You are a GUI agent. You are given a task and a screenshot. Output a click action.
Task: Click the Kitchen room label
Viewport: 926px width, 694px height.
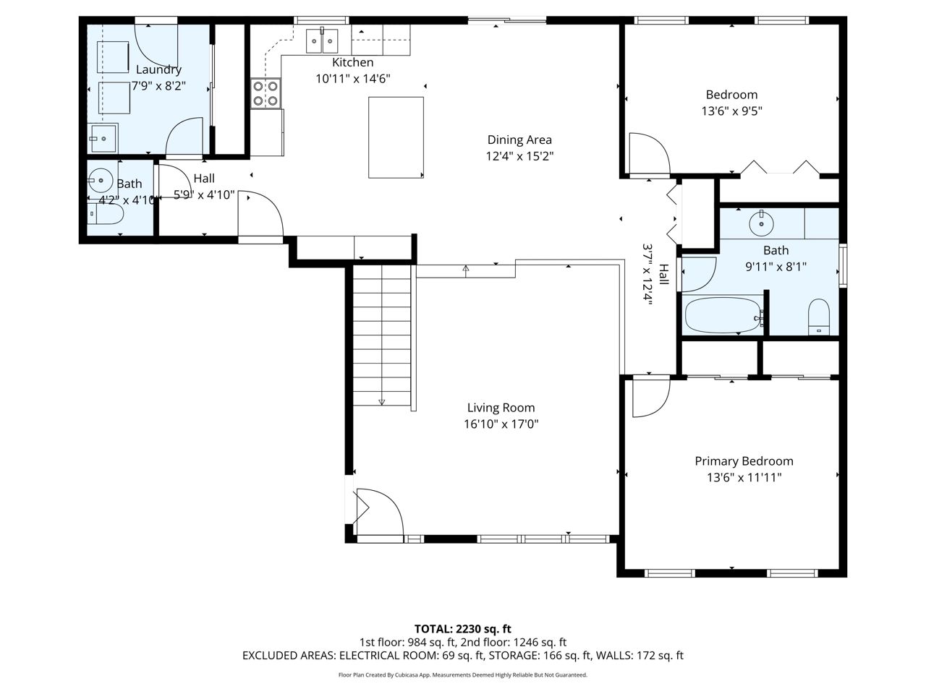(x=352, y=62)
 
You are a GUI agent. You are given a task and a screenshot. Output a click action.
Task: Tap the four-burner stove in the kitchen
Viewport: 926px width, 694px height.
(x=266, y=93)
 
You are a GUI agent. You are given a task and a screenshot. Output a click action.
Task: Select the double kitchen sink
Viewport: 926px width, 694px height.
(x=322, y=40)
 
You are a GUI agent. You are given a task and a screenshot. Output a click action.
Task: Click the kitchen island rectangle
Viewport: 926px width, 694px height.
(x=396, y=137)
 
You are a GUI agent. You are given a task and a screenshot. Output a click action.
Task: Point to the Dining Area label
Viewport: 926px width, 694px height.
(x=519, y=140)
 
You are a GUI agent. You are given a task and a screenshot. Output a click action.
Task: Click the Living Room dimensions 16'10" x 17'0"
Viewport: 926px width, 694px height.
(x=501, y=424)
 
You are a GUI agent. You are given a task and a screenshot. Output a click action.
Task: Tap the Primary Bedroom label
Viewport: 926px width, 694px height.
(x=744, y=461)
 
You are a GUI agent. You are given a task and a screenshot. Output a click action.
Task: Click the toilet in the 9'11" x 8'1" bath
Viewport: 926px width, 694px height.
(x=818, y=317)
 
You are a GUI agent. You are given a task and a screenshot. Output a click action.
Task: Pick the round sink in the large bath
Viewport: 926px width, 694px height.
(x=762, y=224)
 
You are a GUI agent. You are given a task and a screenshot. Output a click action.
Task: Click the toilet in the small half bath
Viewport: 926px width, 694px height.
(x=106, y=215)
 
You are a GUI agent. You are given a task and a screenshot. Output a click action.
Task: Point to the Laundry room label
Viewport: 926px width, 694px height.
(x=158, y=69)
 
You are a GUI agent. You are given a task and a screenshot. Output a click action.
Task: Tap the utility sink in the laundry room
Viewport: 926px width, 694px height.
(x=103, y=138)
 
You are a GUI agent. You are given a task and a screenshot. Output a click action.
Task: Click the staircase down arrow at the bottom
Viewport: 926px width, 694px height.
(x=381, y=402)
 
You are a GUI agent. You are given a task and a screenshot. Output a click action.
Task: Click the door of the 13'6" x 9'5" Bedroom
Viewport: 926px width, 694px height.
(x=649, y=153)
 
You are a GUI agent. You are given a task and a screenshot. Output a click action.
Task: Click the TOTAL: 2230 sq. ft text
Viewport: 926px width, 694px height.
(x=462, y=629)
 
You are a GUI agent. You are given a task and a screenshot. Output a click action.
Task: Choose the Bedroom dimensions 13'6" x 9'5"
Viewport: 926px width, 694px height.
(x=731, y=111)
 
